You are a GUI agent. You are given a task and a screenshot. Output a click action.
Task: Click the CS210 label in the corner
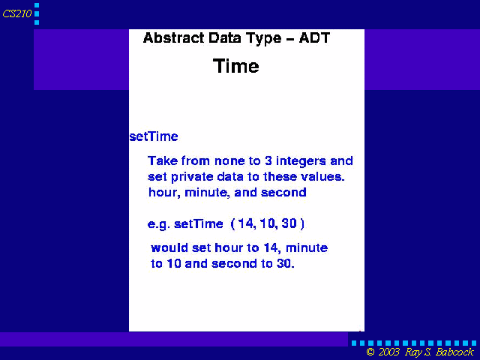click(17, 13)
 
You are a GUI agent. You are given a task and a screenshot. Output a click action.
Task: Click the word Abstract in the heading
click(173, 38)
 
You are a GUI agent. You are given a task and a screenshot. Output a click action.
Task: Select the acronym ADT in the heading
click(314, 38)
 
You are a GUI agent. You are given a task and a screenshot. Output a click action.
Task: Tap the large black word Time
click(236, 66)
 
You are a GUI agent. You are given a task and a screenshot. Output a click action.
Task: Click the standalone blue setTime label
click(154, 136)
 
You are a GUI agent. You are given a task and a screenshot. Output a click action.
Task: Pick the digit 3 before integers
click(268, 160)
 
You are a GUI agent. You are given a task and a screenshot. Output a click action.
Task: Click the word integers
click(301, 161)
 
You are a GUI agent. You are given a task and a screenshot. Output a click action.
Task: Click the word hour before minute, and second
click(164, 193)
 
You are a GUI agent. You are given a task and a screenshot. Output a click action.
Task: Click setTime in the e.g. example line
click(198, 223)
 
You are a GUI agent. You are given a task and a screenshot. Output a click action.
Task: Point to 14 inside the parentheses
click(246, 223)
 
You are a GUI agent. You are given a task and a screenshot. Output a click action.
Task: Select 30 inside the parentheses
click(289, 223)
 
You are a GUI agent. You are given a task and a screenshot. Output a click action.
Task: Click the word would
click(169, 247)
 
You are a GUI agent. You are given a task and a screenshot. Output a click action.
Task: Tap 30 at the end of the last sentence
click(285, 263)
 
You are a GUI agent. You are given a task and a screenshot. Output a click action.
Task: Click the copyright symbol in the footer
click(370, 352)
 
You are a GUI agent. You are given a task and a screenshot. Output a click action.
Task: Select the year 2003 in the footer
click(389, 352)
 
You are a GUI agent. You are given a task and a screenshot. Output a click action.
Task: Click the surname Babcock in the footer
click(454, 352)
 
